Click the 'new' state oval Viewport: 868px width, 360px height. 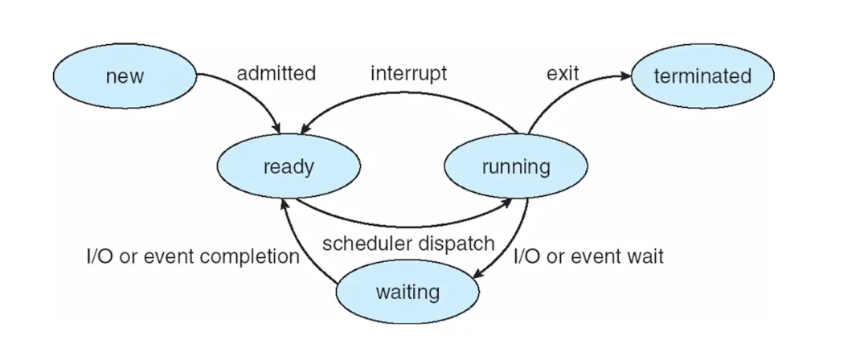[x=125, y=76]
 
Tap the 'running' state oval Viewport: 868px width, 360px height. [x=515, y=167]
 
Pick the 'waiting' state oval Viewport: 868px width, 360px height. [x=407, y=291]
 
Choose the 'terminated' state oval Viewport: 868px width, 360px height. [x=702, y=76]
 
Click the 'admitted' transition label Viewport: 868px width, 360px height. [x=276, y=74]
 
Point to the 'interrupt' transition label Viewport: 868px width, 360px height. [x=408, y=74]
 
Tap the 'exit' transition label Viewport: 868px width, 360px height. [x=563, y=74]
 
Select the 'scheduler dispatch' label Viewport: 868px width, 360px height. [x=408, y=243]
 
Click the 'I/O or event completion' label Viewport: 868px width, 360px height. [x=193, y=258]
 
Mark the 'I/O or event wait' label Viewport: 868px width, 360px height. [x=589, y=258]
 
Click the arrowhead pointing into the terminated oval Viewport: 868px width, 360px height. [x=624, y=76]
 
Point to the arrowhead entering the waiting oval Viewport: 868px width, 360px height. [x=477, y=275]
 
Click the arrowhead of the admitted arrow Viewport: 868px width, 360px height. [x=277, y=129]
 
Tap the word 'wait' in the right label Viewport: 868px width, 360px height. [x=646, y=258]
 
